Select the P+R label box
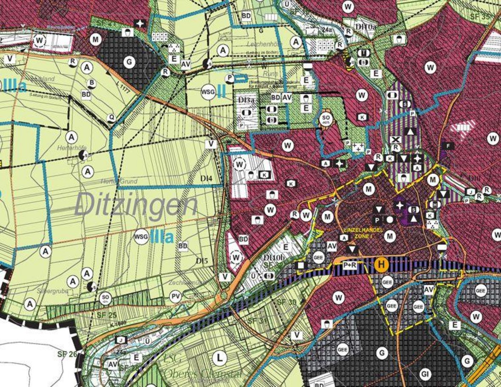point(350,265)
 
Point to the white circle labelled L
point(220,359)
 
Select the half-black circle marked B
point(91,83)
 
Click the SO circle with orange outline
point(326,119)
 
